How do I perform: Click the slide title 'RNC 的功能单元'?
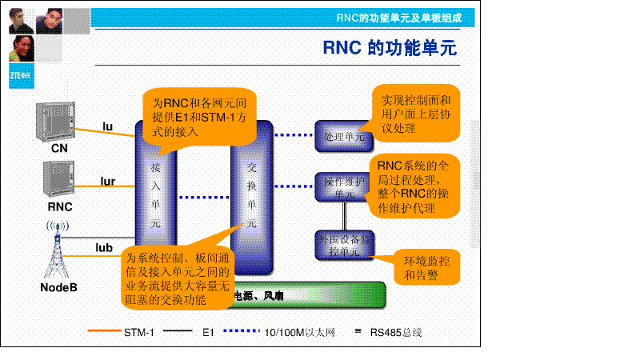390,48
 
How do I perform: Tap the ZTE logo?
20,76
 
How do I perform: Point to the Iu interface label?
107,126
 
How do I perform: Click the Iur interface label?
107,182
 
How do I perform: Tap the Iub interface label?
105,247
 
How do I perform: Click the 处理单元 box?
344,137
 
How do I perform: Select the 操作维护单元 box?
344,187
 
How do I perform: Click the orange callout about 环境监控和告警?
426,268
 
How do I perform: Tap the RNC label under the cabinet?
59,206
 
